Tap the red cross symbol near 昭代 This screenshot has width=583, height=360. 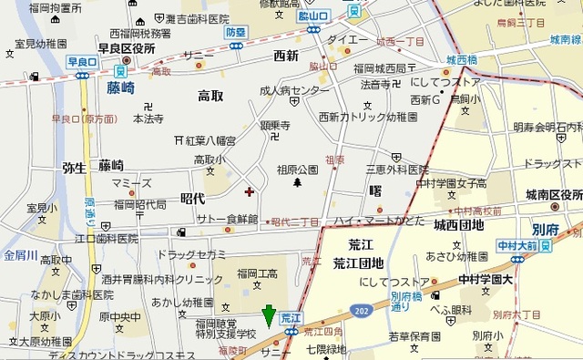pyautogui.click(x=250, y=191)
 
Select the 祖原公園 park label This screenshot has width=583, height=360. pyautogui.click(x=297, y=170)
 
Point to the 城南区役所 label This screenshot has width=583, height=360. pyautogui.click(x=553, y=194)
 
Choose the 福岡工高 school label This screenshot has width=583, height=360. pyautogui.click(x=258, y=273)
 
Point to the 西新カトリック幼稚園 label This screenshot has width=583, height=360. pyautogui.click(x=368, y=117)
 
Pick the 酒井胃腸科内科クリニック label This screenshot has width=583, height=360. pyautogui.click(x=162, y=281)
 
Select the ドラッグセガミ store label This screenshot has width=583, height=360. pyautogui.click(x=191, y=253)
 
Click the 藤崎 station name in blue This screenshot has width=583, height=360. pyautogui.click(x=120, y=88)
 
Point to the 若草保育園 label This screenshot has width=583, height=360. pyautogui.click(x=414, y=336)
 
